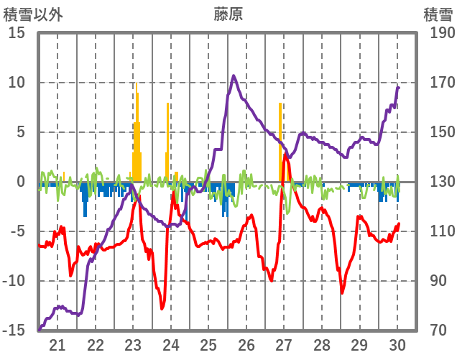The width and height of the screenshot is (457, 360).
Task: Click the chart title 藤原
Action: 228,14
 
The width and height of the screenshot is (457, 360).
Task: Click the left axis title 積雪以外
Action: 33,14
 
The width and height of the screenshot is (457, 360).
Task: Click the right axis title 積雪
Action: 438,14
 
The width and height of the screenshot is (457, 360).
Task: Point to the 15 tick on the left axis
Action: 17,32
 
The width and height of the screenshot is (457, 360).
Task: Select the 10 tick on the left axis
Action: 17,82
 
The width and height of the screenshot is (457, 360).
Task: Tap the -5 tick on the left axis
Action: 19,231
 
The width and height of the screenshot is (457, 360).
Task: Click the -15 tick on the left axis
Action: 16,331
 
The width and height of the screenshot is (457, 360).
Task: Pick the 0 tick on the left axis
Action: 21,182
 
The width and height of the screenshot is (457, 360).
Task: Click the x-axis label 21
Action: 57,344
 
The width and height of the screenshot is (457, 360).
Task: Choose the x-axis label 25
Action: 208,344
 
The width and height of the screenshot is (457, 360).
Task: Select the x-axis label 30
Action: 397,344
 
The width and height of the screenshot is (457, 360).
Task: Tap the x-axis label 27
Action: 284,344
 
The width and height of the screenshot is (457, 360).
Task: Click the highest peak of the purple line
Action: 234,75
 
